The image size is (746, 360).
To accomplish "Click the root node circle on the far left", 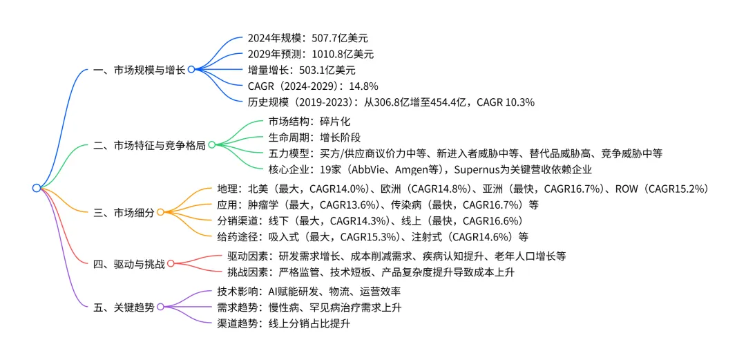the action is pyautogui.click(x=36, y=188).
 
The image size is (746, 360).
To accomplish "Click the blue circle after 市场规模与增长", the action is pyautogui.click(x=191, y=70).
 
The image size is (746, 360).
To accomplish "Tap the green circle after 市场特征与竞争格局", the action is pyautogui.click(x=211, y=145).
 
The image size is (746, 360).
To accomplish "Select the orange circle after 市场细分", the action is pyautogui.click(x=160, y=213).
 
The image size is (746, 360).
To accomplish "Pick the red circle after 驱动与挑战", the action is pyautogui.click(x=170, y=263).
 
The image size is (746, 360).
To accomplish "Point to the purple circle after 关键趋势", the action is pyautogui.click(x=160, y=307).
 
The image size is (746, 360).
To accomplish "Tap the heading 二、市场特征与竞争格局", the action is pyautogui.click(x=149, y=145).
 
